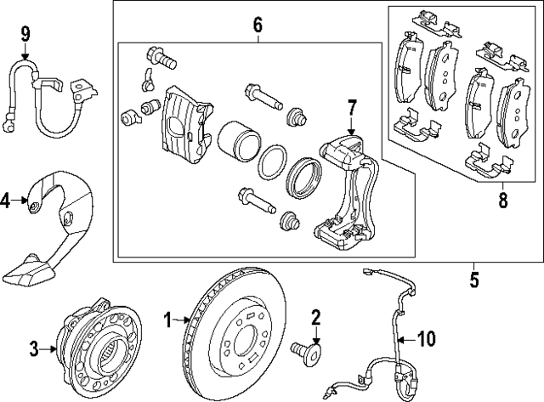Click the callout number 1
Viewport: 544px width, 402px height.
pyautogui.click(x=167, y=320)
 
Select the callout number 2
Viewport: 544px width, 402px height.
pyautogui.click(x=315, y=319)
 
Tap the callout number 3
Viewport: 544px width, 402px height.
pyautogui.click(x=35, y=347)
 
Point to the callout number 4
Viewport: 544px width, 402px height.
pyautogui.click(x=6, y=201)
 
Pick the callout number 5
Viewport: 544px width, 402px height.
pyautogui.click(x=474, y=278)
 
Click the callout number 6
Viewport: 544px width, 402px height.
pyautogui.click(x=258, y=25)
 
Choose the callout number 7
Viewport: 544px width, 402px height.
pyautogui.click(x=352, y=107)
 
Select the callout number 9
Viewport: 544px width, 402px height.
pyautogui.click(x=25, y=34)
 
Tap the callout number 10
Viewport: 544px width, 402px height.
pyautogui.click(x=426, y=340)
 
